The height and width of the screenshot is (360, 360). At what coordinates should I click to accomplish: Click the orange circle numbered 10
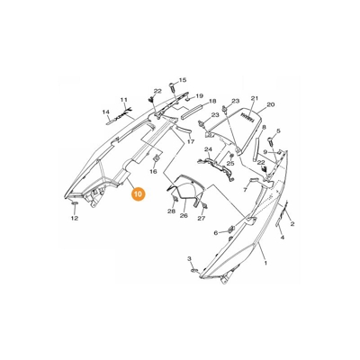tap(138, 193)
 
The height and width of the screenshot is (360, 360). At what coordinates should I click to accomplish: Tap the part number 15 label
tap(183, 80)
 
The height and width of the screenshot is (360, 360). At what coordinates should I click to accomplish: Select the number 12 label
tap(75, 218)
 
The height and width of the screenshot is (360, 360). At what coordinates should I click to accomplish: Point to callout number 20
tap(270, 105)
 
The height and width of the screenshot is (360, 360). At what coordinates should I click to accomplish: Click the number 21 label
tap(255, 98)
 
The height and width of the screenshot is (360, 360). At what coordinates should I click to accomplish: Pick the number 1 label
tap(265, 263)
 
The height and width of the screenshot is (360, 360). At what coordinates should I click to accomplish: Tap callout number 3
tap(189, 258)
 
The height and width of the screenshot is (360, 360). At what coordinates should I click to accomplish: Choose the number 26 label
tap(184, 215)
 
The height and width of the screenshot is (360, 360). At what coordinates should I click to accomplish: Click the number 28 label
tap(171, 211)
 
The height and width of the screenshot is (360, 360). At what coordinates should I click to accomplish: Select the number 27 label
tap(202, 219)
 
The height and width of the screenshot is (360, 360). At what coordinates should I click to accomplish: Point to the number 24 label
tap(208, 149)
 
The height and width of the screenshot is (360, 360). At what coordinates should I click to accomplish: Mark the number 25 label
tap(230, 164)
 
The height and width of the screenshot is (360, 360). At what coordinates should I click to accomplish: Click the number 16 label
tap(153, 172)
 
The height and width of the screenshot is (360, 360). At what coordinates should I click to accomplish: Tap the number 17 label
tap(191, 141)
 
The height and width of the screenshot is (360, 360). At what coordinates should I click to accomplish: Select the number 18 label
tap(212, 102)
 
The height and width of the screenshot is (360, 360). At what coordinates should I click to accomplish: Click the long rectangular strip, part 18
tap(193, 111)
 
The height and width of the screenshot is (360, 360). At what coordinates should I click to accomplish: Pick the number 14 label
tap(105, 112)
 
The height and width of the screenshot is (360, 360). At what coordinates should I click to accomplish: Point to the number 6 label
tap(216, 232)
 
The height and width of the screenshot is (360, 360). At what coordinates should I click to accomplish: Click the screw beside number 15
tap(172, 86)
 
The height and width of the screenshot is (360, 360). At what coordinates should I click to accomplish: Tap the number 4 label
tap(283, 238)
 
